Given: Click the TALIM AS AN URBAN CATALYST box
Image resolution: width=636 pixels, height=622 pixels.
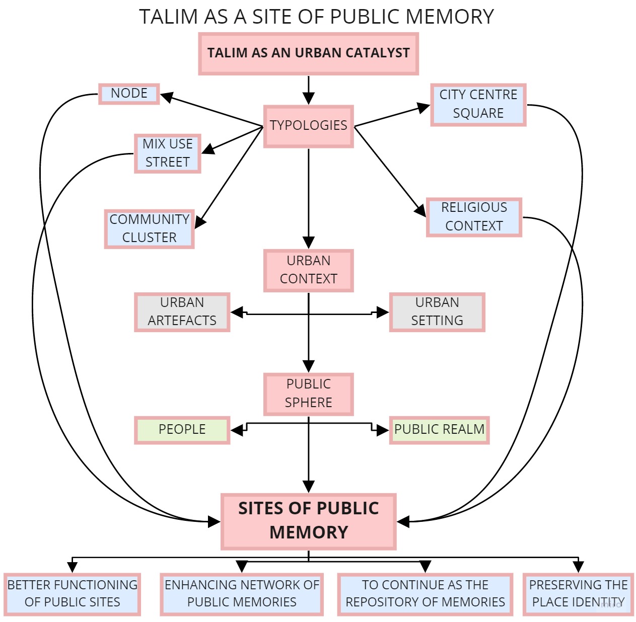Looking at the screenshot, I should (x=308, y=53).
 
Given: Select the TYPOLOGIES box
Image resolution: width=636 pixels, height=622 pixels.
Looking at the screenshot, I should (x=308, y=126).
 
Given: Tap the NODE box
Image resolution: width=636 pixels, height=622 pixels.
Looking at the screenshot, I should (x=129, y=94).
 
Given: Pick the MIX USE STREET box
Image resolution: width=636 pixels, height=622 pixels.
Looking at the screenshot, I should (x=167, y=153).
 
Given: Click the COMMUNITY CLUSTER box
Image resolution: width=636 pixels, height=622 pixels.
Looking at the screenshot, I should (x=149, y=228).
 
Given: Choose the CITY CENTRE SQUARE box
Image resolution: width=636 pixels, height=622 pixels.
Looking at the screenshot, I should (x=478, y=104).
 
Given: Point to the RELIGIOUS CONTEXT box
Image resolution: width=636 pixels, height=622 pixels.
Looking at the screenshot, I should (x=473, y=217).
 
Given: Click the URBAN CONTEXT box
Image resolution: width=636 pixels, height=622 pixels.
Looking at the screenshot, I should (x=308, y=270).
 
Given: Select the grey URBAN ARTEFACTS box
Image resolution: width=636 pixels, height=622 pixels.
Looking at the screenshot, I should (x=182, y=312).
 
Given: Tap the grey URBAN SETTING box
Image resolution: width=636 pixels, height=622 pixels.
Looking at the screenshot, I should (x=437, y=312).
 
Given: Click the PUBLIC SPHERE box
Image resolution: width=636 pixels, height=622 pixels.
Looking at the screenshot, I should (x=308, y=394).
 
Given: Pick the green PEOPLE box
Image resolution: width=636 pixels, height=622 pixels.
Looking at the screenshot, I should (x=182, y=430).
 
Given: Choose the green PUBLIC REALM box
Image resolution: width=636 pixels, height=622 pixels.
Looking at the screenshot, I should (x=439, y=430).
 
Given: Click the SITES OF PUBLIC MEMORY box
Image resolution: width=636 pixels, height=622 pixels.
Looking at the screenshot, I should (x=308, y=521).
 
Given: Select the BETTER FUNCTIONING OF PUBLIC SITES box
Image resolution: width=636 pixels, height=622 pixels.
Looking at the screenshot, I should (x=72, y=594).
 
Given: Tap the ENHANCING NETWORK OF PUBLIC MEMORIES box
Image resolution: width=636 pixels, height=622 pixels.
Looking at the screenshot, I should (x=242, y=594).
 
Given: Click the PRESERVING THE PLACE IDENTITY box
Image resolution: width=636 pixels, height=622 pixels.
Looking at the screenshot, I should (x=578, y=594).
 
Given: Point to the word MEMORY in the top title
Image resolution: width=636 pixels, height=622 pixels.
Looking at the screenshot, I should (x=450, y=17).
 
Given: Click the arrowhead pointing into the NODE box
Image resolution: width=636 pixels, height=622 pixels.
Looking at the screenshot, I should (x=167, y=97).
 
